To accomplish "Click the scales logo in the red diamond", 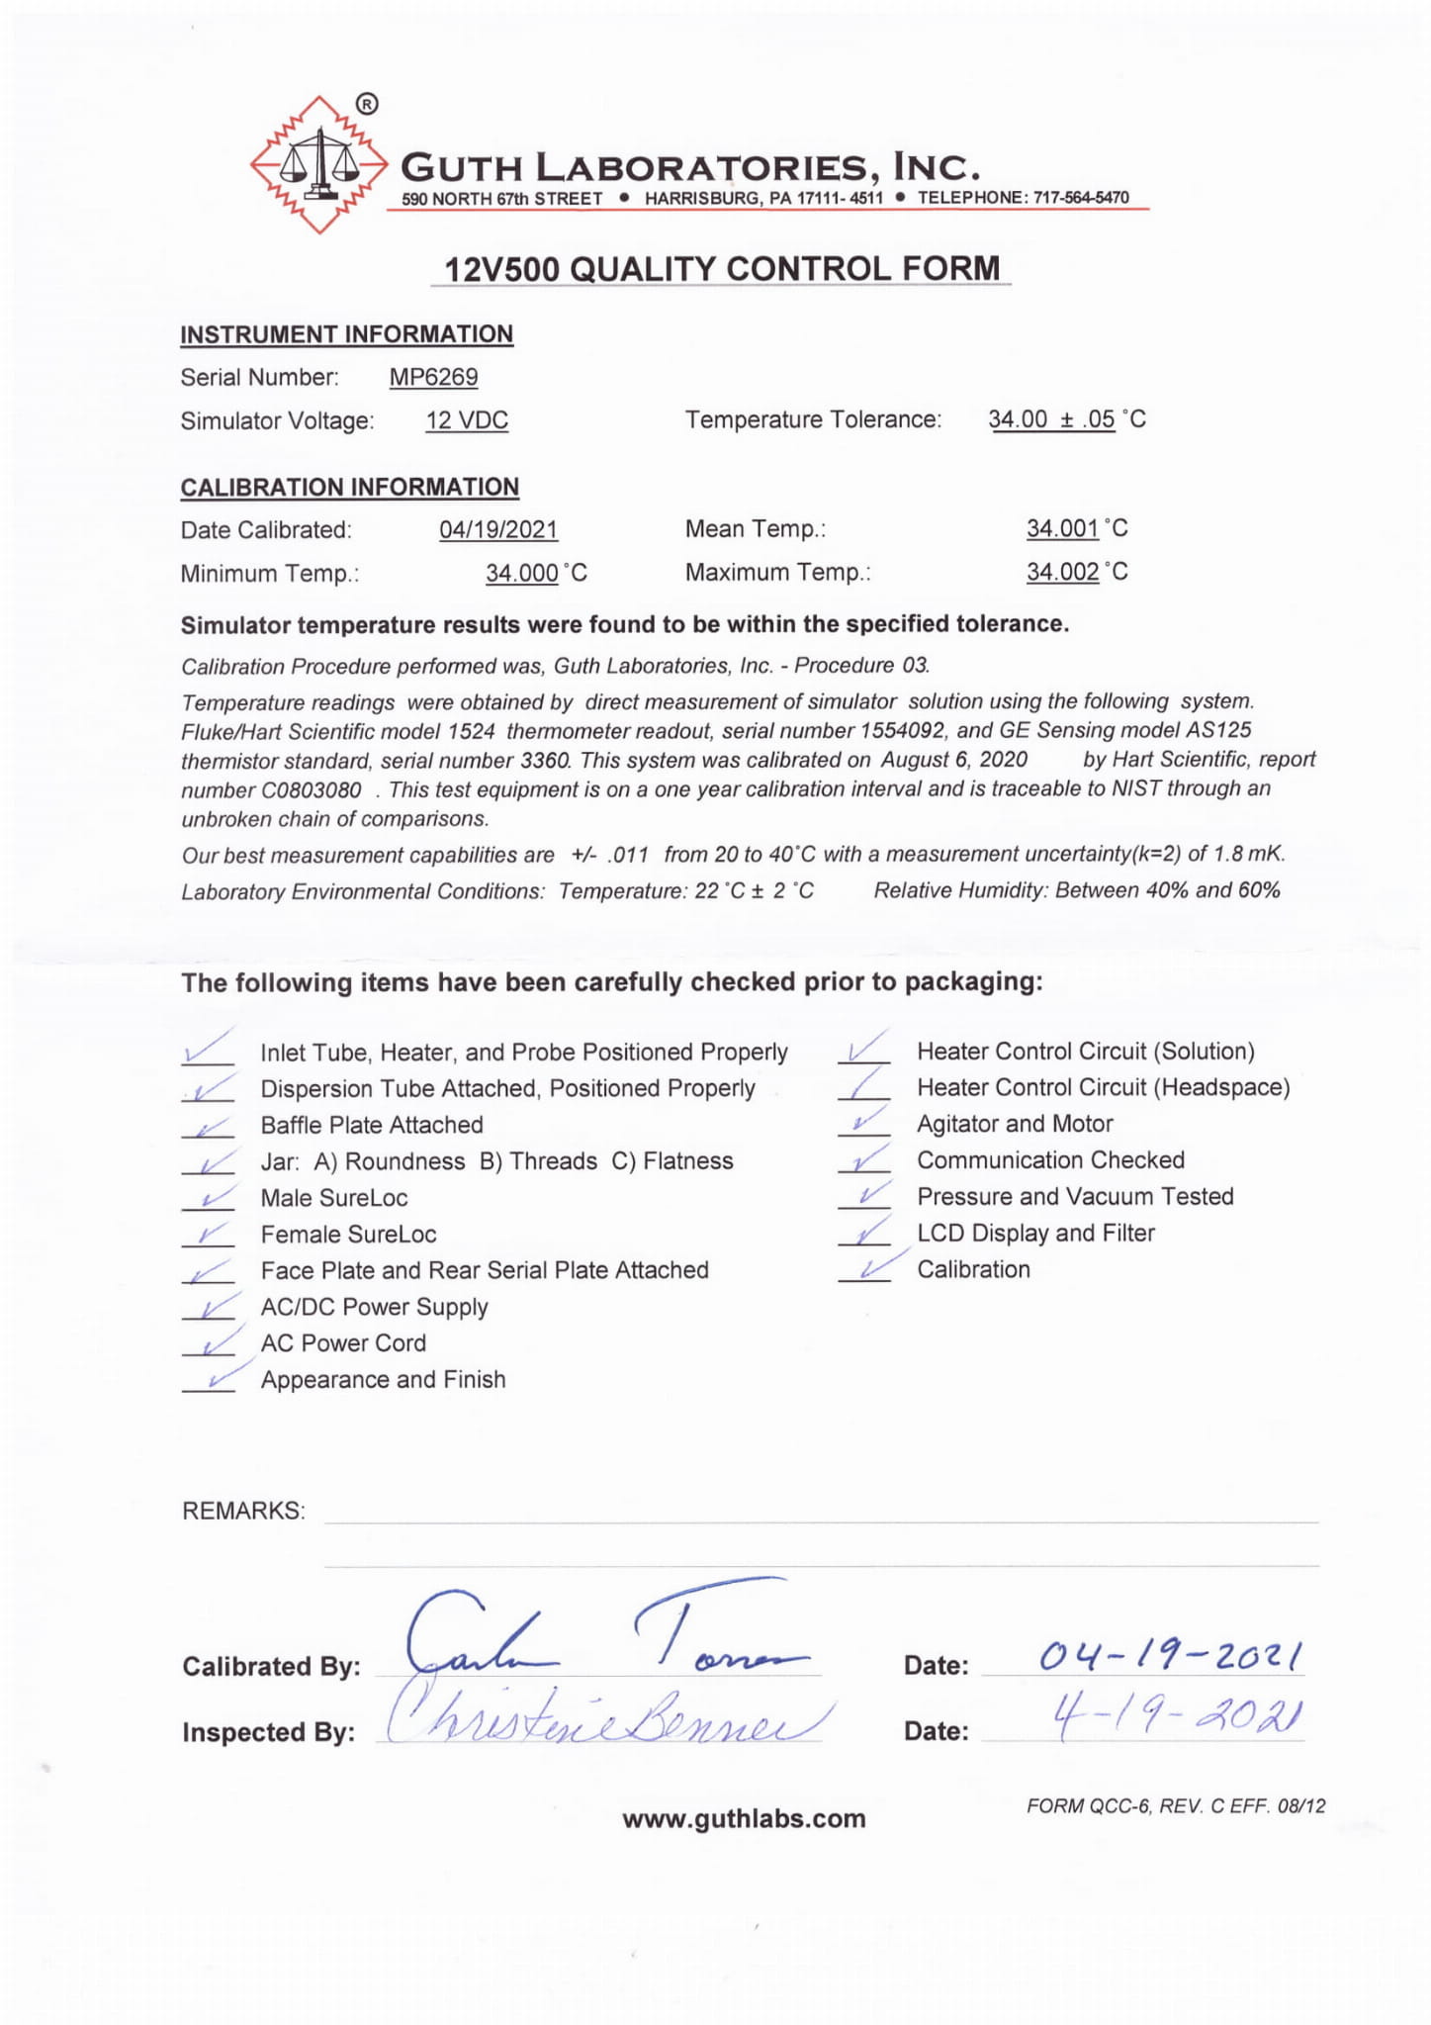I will [x=318, y=164].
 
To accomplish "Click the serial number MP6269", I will [x=433, y=377].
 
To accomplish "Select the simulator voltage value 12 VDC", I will [x=467, y=420].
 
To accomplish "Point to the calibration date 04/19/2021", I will [x=498, y=529].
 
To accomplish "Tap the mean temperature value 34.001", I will [x=1062, y=528].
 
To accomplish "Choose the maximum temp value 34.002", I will [x=1062, y=572].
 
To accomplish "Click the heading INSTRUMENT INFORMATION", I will [x=346, y=334].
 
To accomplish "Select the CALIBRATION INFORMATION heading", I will [x=349, y=487].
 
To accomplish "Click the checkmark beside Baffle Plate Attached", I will [x=209, y=1127].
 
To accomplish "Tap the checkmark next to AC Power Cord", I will [x=211, y=1344].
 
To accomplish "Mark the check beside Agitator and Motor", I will [x=865, y=1123].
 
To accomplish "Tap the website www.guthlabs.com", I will [x=744, y=1818].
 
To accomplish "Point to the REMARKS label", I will [x=243, y=1511].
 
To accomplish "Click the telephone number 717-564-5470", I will [x=1081, y=198].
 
